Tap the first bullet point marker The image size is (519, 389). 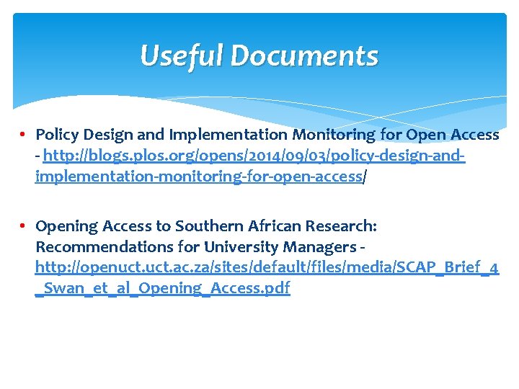click(24, 135)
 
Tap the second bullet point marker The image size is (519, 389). click(24, 226)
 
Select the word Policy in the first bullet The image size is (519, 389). click(58, 135)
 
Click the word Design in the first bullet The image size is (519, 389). click(107, 135)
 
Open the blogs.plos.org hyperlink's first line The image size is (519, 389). click(254, 156)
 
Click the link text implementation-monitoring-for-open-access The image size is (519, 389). click(198, 176)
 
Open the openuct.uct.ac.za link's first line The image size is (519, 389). click(267, 268)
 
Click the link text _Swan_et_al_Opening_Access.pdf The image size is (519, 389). click(163, 289)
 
